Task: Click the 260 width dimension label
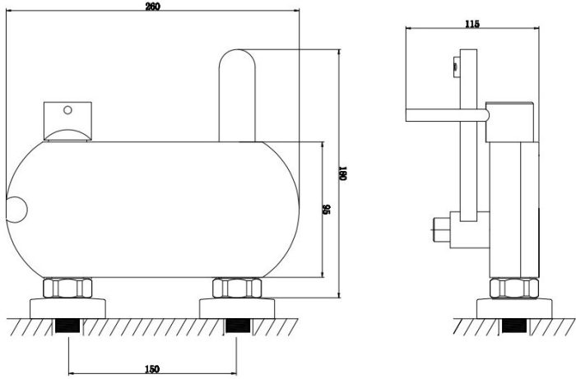tap(153, 7)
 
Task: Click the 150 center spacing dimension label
tap(151, 369)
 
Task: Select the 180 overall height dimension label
tap(343, 173)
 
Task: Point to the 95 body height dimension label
tap(327, 210)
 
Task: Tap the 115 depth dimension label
tap(472, 24)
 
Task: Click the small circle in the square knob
tap(67, 109)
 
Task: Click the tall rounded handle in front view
tap(237, 95)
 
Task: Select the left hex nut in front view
tap(67, 288)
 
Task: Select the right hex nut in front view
tap(237, 288)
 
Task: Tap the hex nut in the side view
tap(514, 288)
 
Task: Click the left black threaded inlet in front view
tap(67, 326)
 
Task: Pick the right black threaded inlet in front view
tap(237, 326)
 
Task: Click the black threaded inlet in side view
tap(514, 326)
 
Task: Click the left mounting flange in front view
tap(67, 308)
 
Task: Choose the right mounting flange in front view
tap(237, 308)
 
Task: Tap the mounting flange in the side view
tap(514, 308)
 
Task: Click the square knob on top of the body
tap(67, 121)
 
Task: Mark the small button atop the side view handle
tap(456, 67)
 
